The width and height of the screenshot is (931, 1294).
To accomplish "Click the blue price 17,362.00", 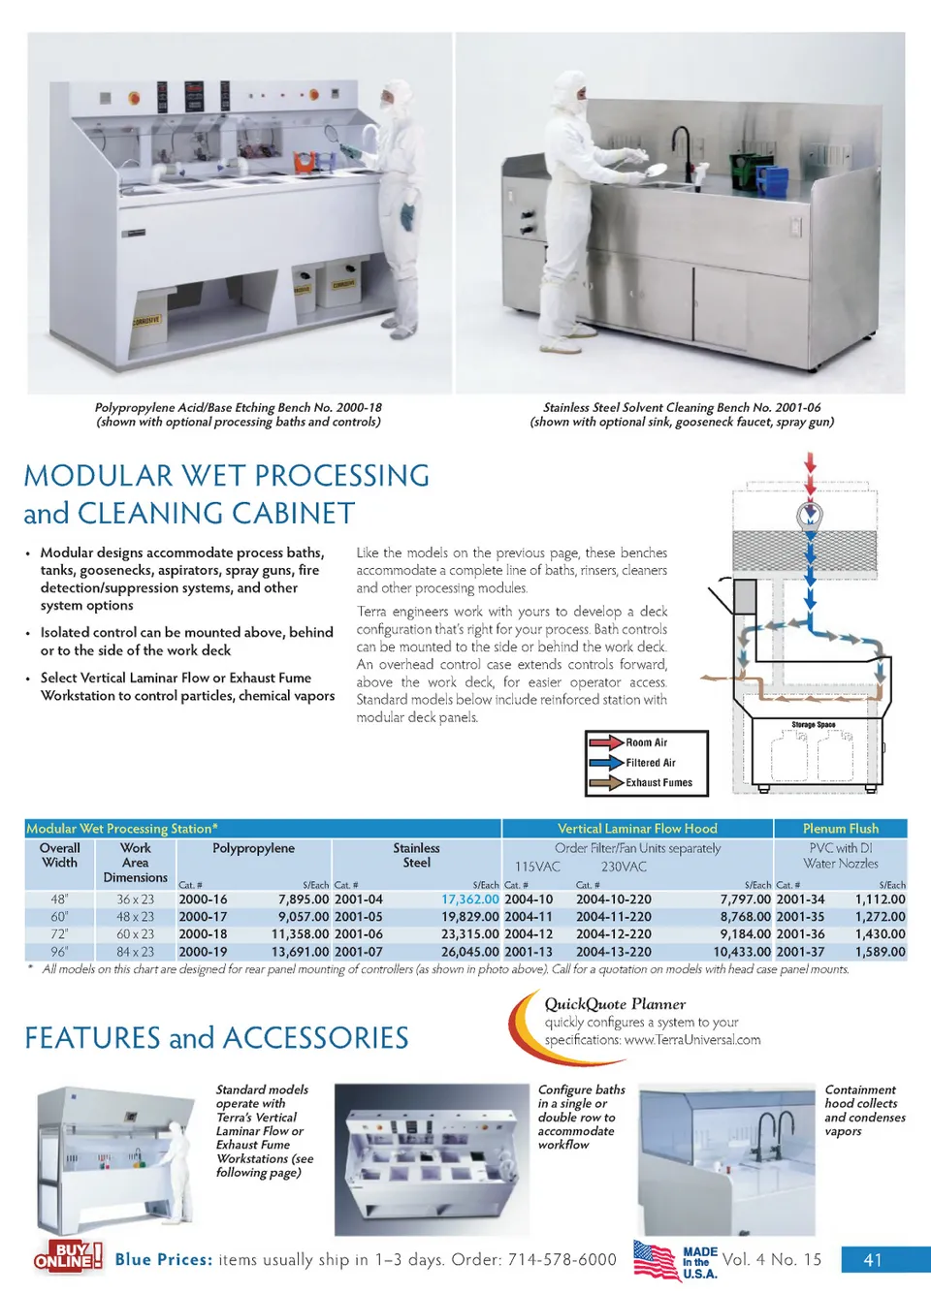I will click(x=470, y=899).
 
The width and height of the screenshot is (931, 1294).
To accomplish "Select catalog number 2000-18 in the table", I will click(x=203, y=934).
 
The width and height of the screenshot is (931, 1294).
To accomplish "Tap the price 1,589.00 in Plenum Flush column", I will click(x=880, y=952).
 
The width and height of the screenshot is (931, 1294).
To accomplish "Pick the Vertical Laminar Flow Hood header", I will click(x=637, y=829).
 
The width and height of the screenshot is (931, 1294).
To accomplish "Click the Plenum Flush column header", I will click(x=840, y=829).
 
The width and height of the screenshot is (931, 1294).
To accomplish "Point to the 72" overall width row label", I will click(x=59, y=934).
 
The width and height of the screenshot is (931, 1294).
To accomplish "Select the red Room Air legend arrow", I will click(x=606, y=742).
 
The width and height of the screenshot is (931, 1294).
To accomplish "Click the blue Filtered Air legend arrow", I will click(x=606, y=763).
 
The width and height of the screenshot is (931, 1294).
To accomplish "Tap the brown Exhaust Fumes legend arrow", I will click(x=606, y=782).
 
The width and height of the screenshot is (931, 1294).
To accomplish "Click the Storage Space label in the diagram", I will click(x=813, y=725).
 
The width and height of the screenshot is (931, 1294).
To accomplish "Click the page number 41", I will click(x=873, y=1260).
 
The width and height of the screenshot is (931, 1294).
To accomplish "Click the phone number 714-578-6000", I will click(x=562, y=1260).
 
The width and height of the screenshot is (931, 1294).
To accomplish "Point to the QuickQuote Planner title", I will click(x=615, y=1004).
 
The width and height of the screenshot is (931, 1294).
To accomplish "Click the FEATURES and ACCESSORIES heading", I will click(x=216, y=1038).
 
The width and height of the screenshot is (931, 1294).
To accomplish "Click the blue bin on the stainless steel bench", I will click(x=772, y=180).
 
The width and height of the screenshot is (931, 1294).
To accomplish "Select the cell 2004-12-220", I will click(x=614, y=934).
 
